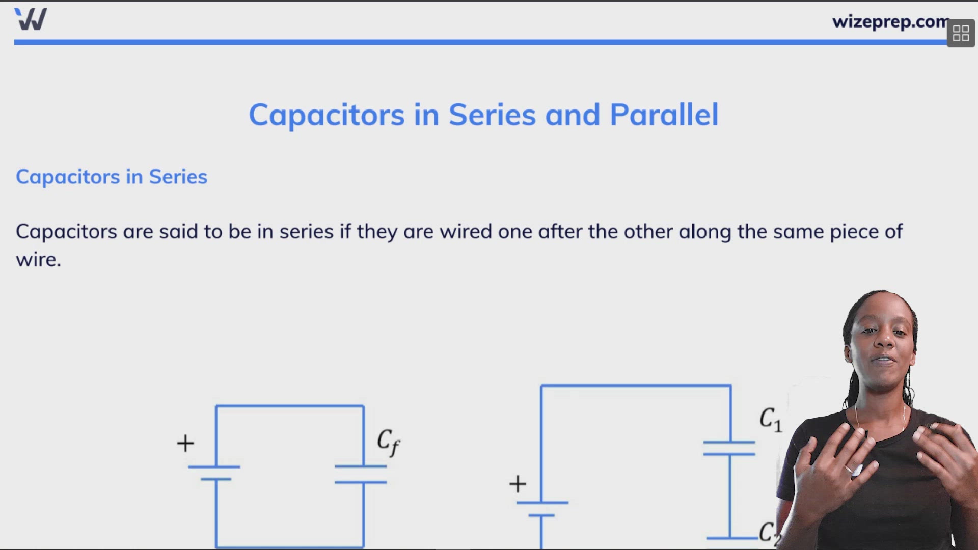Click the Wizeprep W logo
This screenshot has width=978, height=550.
[31, 19]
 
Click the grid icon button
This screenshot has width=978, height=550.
[961, 34]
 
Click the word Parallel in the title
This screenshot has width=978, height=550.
[664, 115]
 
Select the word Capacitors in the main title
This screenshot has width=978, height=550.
[327, 115]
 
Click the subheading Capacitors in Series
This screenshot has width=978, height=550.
[112, 177]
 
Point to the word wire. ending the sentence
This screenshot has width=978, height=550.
[38, 260]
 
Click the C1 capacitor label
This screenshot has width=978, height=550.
[770, 420]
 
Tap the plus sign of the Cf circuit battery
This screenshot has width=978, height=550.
[185, 443]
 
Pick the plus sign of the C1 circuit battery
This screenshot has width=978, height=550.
[518, 484]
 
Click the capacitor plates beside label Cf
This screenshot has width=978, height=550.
[361, 474]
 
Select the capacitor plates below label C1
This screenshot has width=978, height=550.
[729, 448]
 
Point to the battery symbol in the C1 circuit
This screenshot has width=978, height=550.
[542, 509]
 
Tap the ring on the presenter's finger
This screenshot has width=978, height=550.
[851, 470]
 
